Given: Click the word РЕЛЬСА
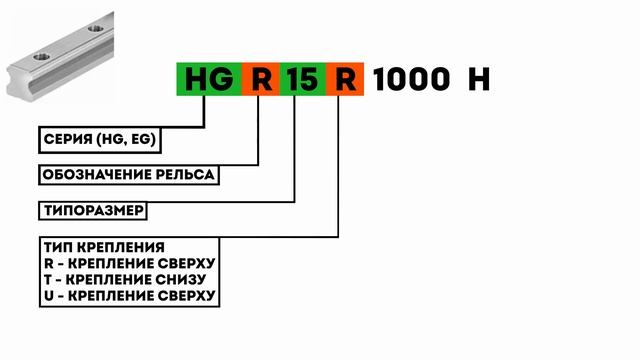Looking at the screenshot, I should point(185,176).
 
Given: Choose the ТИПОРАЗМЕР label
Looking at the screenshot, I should point(95,212).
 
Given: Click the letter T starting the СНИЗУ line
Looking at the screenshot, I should point(48,279).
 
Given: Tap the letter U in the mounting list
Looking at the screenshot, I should point(48,295).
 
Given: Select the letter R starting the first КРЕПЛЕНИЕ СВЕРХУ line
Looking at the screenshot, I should point(48,263).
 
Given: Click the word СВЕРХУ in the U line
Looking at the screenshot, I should point(185,295).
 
